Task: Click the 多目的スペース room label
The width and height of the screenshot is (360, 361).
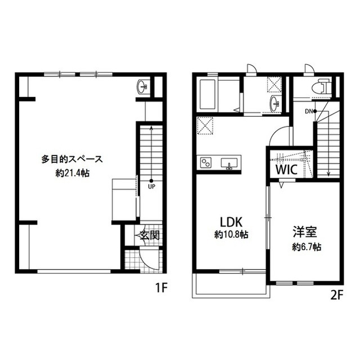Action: pos(72,159)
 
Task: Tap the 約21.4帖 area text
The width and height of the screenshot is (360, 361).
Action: pos(73,173)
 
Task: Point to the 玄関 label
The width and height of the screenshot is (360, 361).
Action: pos(150,235)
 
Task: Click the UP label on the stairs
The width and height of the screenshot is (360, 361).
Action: pos(152,187)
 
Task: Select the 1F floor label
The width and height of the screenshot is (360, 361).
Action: pos(161,288)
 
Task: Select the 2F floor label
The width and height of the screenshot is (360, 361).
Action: pos(337,296)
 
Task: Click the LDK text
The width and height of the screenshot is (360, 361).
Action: pos(231,222)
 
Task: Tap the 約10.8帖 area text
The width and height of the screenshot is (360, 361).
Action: pos(231,235)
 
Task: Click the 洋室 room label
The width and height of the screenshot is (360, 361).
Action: pos(305,232)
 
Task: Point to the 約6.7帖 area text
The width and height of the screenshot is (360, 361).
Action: pos(306,247)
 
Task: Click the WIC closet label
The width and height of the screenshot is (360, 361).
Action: pos(287,170)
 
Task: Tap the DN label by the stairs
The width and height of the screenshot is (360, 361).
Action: pos(309,112)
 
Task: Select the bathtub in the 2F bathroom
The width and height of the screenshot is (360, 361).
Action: pos(207,95)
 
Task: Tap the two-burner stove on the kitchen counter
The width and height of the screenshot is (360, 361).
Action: pos(206,162)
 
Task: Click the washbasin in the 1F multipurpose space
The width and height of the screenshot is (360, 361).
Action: pos(143,87)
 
